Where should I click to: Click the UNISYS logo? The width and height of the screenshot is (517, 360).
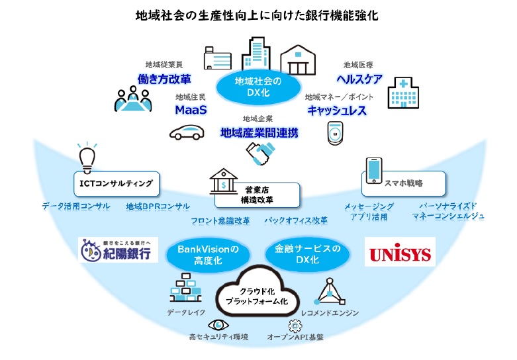[399, 253]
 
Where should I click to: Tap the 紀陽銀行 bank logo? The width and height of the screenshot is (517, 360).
[118, 250]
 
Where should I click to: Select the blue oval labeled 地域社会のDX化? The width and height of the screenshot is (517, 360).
[258, 87]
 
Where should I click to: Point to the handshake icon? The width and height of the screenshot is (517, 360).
[259, 154]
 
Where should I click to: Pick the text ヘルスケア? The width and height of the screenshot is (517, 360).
[360, 79]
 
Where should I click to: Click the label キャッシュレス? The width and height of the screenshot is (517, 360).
[336, 110]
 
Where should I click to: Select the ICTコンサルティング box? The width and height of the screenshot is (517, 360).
[117, 183]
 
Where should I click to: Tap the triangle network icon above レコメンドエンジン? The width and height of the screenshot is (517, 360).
[328, 290]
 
